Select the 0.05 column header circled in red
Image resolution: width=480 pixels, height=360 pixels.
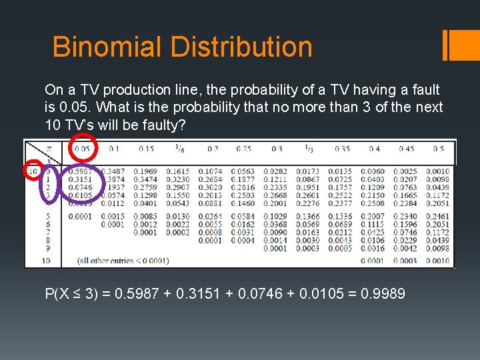click(x=82, y=149)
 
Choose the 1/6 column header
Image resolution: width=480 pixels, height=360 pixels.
click(x=180, y=149)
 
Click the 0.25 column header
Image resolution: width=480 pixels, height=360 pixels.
click(x=243, y=149)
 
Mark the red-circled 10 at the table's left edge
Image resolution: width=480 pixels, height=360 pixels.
click(x=33, y=171)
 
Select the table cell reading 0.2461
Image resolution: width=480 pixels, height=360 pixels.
click(x=437, y=217)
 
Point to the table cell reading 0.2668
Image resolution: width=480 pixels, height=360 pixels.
click(x=275, y=195)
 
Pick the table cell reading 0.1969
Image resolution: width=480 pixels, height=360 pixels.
click(x=146, y=171)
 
